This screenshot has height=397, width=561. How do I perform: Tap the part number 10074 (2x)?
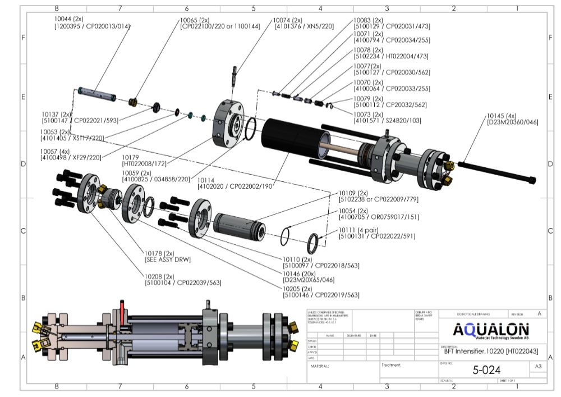288,20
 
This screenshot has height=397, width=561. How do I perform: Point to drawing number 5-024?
483,369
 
